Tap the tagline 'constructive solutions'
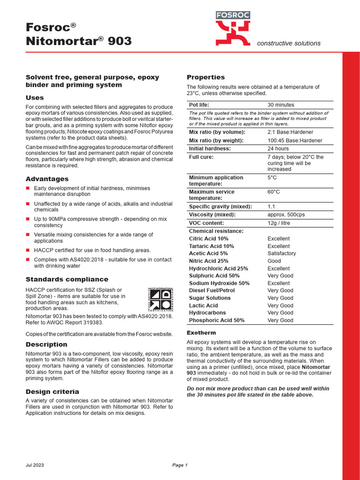tap(289, 43)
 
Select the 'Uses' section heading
tap(35, 97)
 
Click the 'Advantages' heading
tap(47, 179)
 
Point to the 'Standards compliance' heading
tap(67, 279)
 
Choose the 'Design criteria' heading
tap(52, 391)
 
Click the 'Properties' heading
tap(206, 77)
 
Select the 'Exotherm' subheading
tap(202, 332)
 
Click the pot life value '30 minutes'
tap(281, 105)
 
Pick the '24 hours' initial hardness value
tap(278, 149)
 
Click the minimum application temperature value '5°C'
tap(272, 178)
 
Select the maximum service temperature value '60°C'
tap(274, 192)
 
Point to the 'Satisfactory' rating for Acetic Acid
tap(282, 254)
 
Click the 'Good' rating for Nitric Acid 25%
tap(274, 261)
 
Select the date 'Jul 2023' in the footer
tap(35, 465)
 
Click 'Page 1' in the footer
tap(180, 465)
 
